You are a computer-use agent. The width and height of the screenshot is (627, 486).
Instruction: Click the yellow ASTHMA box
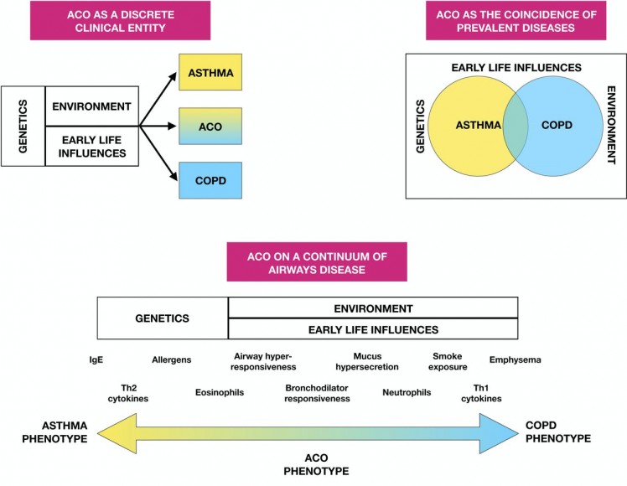[x=210, y=72]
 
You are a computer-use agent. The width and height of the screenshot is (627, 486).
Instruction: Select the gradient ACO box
[x=210, y=126]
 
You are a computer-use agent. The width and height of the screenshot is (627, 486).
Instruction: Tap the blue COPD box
[x=210, y=179]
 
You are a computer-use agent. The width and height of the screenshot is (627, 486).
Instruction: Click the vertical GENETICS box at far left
[x=23, y=126]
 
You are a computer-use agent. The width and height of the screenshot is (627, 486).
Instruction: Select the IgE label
[x=96, y=360]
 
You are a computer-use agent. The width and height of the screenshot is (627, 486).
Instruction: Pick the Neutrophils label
[x=407, y=392]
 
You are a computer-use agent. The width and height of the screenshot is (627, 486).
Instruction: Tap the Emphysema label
[x=515, y=360]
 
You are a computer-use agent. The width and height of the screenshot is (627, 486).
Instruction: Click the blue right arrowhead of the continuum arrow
[x=507, y=432]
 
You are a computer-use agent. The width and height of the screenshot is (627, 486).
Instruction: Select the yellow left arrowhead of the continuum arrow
[x=112, y=432]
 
